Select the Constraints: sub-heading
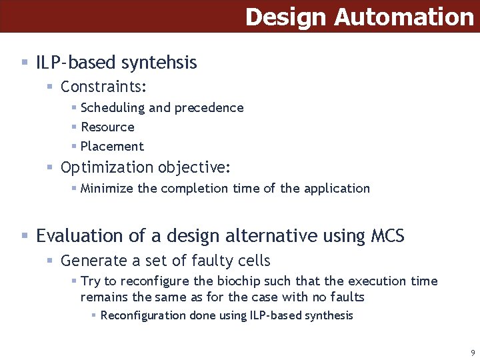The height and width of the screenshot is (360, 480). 103,87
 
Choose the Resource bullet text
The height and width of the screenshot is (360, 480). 107,127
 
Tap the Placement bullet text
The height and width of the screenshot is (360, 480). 112,146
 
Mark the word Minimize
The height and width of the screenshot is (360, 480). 107,188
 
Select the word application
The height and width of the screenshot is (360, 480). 337,188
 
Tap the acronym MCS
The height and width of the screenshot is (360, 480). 385,236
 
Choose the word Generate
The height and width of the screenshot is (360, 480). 93,261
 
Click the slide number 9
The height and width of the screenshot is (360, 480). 473,353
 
